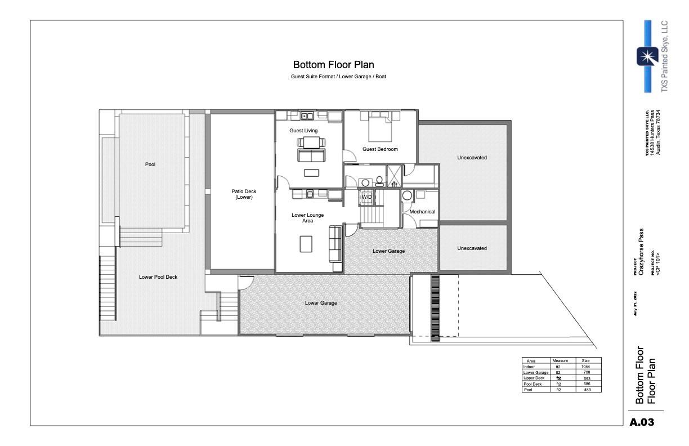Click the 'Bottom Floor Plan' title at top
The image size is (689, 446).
[333, 65]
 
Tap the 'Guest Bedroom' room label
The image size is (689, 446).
[380, 149]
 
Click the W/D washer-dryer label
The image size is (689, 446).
[366, 197]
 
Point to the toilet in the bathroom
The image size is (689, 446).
[379, 182]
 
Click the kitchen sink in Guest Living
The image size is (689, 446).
[307, 117]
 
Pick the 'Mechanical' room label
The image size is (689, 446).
[422, 212]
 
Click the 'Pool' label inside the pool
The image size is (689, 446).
[150, 165]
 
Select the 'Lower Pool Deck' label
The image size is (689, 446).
[158, 276]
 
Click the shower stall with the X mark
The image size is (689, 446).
[393, 176]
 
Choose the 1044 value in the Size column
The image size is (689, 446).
[585, 367]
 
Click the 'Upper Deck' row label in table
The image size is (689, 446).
[533, 378]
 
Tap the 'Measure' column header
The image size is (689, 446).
[561, 360]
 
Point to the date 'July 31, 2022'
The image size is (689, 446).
[636, 304]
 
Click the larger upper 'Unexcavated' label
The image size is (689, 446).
[472, 158]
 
